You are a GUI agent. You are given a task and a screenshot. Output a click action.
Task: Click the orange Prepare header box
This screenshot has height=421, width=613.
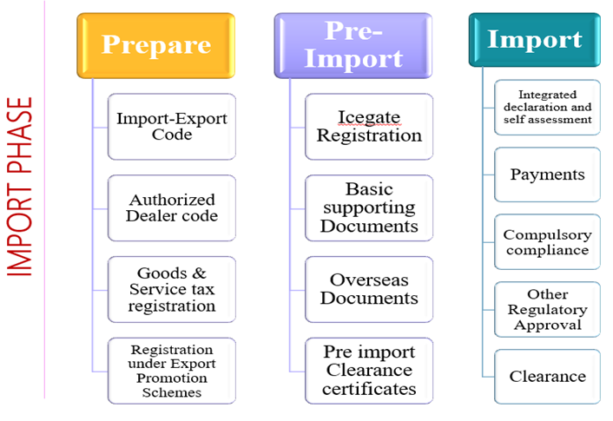point(156,45)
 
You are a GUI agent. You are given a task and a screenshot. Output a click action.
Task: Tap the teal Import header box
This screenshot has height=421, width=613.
point(534,40)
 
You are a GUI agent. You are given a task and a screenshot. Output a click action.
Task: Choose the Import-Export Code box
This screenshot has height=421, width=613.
point(172,126)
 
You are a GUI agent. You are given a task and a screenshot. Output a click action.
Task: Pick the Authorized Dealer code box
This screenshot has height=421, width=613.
point(172,208)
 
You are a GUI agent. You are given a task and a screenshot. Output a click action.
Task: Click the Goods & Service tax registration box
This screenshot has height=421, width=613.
point(172,290)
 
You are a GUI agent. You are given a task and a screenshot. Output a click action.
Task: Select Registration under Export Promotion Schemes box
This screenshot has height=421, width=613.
point(172,371)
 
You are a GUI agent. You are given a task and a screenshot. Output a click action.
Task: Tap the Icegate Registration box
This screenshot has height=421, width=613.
point(369,127)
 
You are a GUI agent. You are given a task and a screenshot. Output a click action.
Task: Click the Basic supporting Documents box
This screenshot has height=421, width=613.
point(369,208)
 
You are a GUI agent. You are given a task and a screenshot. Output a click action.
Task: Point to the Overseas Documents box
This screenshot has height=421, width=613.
point(369,289)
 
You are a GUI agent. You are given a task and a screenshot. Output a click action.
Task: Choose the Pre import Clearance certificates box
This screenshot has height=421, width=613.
point(369,371)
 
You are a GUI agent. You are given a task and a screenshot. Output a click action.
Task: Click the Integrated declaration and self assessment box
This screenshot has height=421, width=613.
point(548,107)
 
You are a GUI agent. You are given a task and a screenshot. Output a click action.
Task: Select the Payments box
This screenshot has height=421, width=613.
point(548,174)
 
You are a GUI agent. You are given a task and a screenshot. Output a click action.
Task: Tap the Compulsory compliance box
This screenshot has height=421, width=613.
point(548,242)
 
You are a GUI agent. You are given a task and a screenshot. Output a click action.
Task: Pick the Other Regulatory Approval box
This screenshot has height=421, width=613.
point(548,309)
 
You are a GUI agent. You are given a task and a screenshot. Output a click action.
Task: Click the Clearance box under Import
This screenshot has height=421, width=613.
point(548,376)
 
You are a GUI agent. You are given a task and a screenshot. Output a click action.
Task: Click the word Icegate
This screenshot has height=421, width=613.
point(369,117)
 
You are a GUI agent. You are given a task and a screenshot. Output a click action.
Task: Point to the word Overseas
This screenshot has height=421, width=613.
point(369,280)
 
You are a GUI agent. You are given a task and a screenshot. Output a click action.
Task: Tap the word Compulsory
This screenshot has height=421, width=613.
point(548,234)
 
